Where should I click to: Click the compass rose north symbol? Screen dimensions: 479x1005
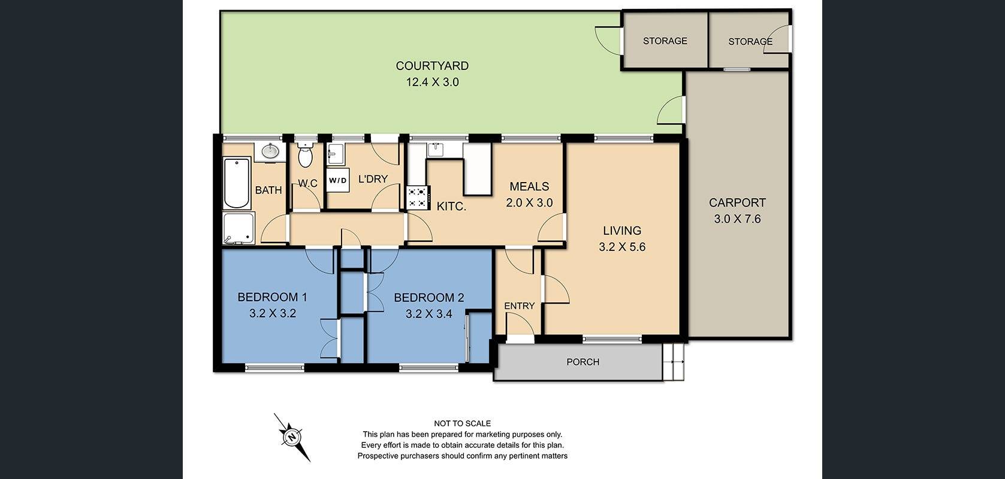click(x=292, y=437)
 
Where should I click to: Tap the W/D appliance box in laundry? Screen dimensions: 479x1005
click(x=337, y=180)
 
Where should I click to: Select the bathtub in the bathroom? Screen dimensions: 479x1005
click(x=236, y=183)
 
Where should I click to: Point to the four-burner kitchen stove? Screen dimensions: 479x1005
click(x=418, y=198)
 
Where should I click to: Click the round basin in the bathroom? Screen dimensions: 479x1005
click(x=270, y=151)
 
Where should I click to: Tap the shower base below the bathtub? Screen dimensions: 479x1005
click(x=239, y=228)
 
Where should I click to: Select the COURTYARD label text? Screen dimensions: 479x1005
click(x=432, y=66)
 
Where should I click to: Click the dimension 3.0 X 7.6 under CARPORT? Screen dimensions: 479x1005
click(x=737, y=219)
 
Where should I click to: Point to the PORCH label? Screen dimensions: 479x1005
click(x=583, y=362)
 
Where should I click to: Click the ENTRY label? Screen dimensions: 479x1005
click(x=519, y=306)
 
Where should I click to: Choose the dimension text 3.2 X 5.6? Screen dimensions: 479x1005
click(x=622, y=247)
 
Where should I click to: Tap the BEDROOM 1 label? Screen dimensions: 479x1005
click(x=272, y=297)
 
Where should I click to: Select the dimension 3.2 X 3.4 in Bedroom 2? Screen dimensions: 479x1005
click(x=428, y=313)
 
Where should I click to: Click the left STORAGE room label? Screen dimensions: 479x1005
click(x=665, y=41)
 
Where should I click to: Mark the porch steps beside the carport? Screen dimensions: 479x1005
click(x=674, y=362)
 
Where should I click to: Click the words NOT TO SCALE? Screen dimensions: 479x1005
click(x=462, y=423)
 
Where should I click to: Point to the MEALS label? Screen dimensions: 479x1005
click(x=529, y=187)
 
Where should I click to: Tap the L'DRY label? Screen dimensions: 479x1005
click(x=373, y=179)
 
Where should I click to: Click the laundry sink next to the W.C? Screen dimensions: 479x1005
click(x=335, y=154)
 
